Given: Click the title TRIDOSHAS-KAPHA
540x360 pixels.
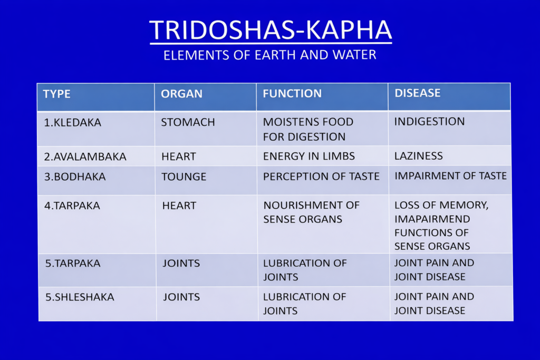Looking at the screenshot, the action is coord(271,30).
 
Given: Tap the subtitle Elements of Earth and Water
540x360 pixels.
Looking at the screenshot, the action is coord(270,55).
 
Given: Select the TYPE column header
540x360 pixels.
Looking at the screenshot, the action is coord(57,94).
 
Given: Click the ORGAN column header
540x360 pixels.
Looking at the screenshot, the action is coord(181,94).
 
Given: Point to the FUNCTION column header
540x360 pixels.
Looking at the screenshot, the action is coord(292,93).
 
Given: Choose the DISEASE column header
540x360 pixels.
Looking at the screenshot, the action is coord(418,93).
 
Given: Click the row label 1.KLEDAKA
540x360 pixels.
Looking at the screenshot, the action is coord(73,122).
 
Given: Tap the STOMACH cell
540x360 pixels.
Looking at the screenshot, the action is coord(188,122).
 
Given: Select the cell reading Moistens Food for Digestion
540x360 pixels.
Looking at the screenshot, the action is coord(308,129).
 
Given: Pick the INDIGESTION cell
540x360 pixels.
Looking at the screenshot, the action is coord(429,121).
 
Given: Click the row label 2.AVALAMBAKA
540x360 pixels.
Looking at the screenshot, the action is coord(85,157).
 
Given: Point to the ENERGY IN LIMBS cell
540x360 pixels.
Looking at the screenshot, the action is coord(309,156).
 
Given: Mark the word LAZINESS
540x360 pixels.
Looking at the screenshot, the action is coord(418,156).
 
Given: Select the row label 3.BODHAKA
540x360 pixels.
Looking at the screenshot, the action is coord(75,177).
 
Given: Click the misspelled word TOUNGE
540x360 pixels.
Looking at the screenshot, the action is coord(184,177).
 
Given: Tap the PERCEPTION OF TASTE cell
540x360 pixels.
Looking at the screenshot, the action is coord(321,176).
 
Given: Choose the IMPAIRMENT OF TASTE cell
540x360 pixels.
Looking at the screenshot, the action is coord(450,176).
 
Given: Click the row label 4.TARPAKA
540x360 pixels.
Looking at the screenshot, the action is coord(72,206).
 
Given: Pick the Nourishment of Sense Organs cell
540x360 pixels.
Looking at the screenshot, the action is coord(311,212).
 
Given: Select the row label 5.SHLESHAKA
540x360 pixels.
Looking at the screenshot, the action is coord(80,297).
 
